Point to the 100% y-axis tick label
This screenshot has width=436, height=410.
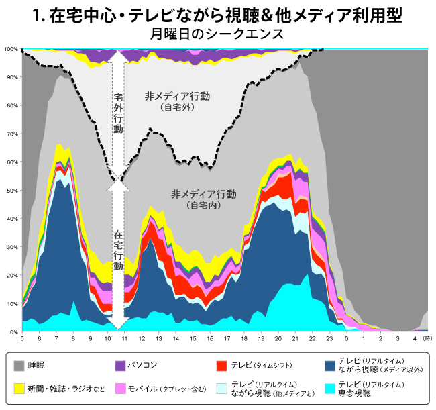point(11,49)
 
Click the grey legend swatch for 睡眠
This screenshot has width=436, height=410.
point(19,366)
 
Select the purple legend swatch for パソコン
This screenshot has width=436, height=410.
point(121,366)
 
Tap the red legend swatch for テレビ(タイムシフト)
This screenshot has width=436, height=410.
point(221,366)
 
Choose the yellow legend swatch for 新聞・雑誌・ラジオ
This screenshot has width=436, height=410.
point(19,388)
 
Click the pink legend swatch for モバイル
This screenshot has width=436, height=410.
point(121,388)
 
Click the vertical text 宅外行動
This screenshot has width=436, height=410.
point(118,113)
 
